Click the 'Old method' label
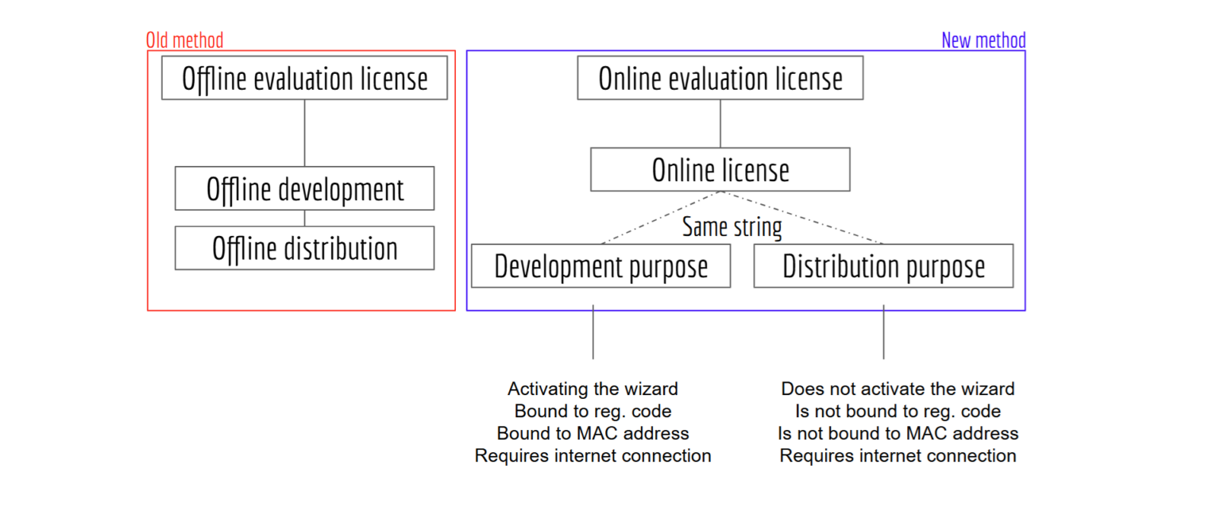pos(185,40)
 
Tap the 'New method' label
pos(983,40)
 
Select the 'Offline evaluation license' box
pos(304,79)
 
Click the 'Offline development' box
pos(304,188)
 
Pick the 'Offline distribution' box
pos(304,248)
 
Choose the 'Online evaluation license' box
pos(720,79)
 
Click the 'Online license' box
pos(720,169)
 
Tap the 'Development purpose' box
pos(600,266)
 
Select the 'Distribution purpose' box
pos(883,266)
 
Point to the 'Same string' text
pos(732,227)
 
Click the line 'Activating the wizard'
pos(593,389)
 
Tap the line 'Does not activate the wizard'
pos(898,389)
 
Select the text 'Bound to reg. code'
pos(593,412)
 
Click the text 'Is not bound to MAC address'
pos(898,434)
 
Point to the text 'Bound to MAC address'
pos(593,434)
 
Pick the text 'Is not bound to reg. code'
pos(898,412)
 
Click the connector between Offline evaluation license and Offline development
pos(304,133)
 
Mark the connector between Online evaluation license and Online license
pos(720,123)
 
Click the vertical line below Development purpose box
pos(593,331)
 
